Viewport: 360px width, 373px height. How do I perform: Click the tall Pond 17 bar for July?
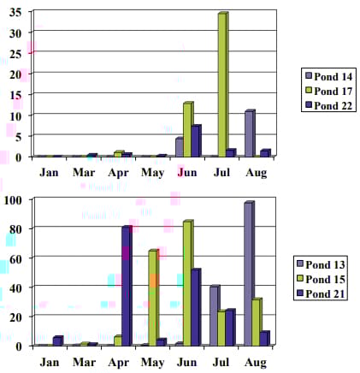click(x=223, y=85)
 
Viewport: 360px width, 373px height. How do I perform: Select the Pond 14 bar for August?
click(x=250, y=133)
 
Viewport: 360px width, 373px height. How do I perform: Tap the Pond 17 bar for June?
click(x=188, y=129)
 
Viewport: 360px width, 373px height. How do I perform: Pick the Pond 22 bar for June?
click(x=197, y=141)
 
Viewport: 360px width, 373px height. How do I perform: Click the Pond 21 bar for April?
click(x=127, y=286)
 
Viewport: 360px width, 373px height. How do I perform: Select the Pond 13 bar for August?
click(x=249, y=274)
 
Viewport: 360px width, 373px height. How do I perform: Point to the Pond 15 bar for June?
click(x=188, y=283)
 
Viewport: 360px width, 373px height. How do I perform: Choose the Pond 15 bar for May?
click(x=154, y=298)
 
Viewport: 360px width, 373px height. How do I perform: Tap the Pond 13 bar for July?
click(x=215, y=316)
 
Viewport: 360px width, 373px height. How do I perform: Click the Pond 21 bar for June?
click(x=196, y=307)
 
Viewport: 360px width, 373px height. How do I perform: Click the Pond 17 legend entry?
click(x=328, y=92)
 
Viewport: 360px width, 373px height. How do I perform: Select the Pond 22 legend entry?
click(x=328, y=106)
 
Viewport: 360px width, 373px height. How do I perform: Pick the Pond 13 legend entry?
click(x=321, y=264)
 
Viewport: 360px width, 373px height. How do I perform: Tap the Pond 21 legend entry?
click(x=321, y=293)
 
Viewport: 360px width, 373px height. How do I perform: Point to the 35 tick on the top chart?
click(x=15, y=13)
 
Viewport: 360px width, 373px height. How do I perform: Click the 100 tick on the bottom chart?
click(x=13, y=200)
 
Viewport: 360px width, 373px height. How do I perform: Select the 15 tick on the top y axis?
click(x=15, y=95)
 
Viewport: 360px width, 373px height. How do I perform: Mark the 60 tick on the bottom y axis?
click(x=15, y=259)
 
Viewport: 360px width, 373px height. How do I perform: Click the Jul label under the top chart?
click(x=221, y=173)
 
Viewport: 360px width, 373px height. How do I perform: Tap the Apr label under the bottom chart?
click(x=119, y=363)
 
